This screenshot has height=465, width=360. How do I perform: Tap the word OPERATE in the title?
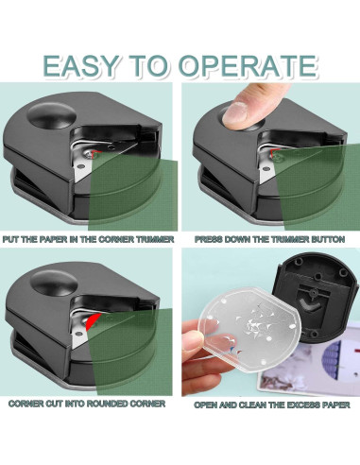pyautogui.click(x=248, y=65)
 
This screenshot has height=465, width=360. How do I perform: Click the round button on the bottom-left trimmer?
pyautogui.click(x=54, y=284)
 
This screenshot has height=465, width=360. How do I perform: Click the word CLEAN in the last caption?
pyautogui.click(x=251, y=405)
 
